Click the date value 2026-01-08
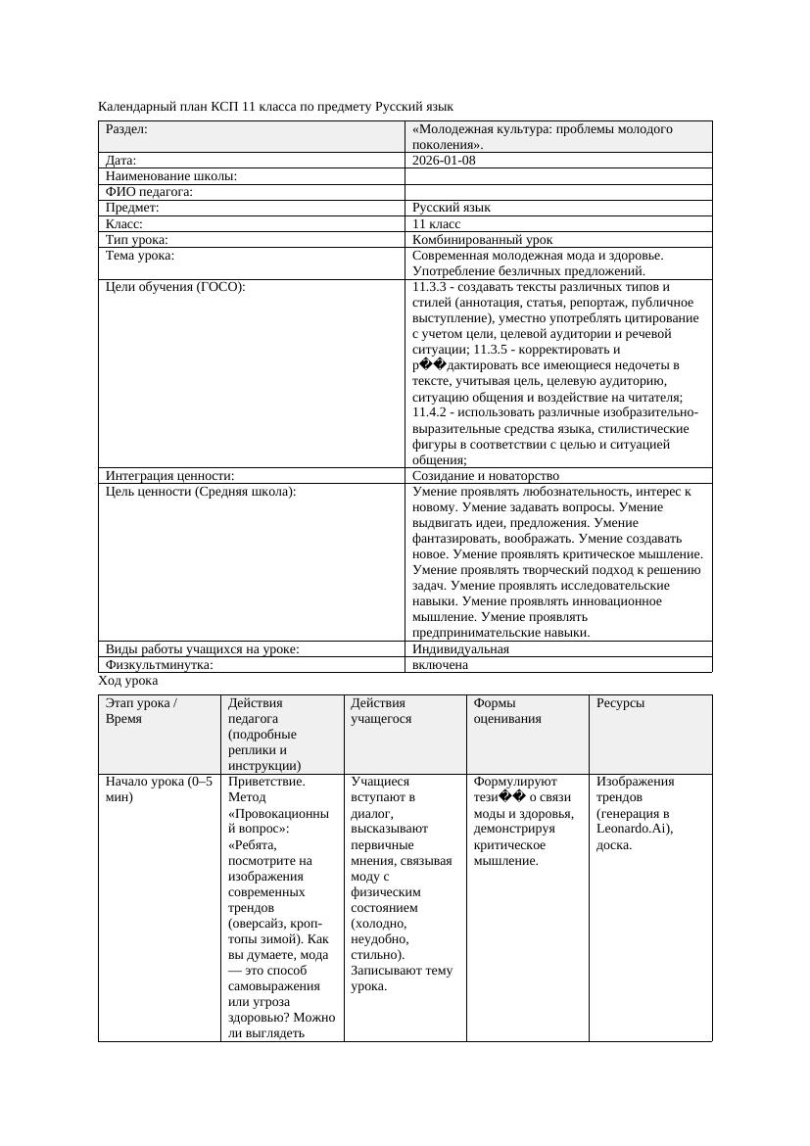(444, 160)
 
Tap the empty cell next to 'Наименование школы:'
(558, 176)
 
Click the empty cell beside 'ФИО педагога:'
(558, 192)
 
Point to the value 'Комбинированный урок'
(482, 239)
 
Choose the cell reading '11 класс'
(436, 223)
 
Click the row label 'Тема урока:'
(140, 255)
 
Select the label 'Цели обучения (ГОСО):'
(175, 286)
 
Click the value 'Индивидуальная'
(460, 648)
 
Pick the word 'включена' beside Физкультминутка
(440, 664)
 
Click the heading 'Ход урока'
(128, 680)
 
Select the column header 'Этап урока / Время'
(142, 710)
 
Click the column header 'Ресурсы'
(620, 702)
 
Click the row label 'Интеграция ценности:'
(169, 475)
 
